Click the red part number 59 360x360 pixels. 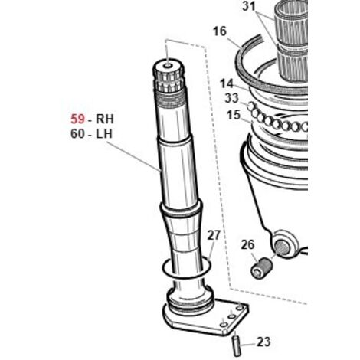[x=77, y=119]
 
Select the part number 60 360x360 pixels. [x=77, y=134]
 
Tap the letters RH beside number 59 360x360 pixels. [x=104, y=119]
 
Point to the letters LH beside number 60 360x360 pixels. [x=104, y=134]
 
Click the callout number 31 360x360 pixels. [x=249, y=6]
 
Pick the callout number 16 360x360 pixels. [x=220, y=31]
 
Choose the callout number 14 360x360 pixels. [x=227, y=83]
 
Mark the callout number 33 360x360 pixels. [x=231, y=98]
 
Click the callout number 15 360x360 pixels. [x=234, y=115]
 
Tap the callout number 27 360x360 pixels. [x=214, y=235]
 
